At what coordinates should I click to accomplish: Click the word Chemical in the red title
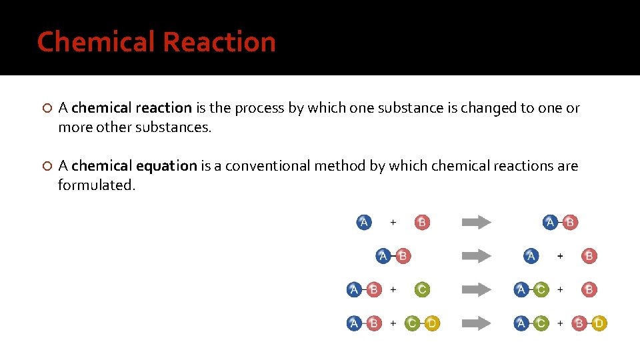96,42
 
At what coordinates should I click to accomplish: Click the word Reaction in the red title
219,42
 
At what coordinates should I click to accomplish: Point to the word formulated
96,185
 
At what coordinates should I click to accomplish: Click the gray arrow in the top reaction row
476,223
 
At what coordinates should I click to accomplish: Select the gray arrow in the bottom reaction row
476,323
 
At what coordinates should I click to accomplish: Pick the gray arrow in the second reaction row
476,255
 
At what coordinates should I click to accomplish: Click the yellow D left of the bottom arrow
432,323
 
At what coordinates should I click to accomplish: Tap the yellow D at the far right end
599,323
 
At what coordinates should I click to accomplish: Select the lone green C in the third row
421,289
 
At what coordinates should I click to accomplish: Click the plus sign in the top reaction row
393,222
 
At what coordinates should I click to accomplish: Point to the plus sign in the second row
560,255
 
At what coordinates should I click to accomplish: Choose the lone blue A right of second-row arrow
531,255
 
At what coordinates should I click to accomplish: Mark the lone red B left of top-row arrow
421,222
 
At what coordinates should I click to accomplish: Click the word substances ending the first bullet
173,127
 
